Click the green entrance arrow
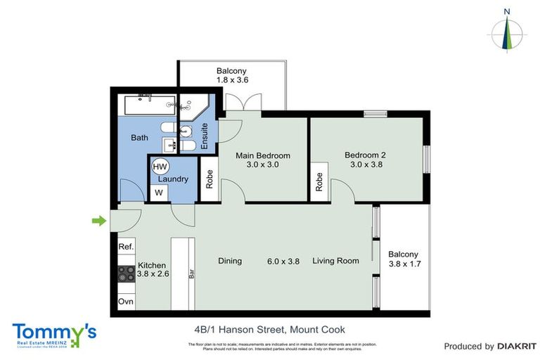(99, 222)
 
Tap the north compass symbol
(507, 31)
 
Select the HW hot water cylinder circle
(160, 167)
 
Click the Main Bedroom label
(263, 155)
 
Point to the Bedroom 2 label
(365, 155)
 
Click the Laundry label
(172, 179)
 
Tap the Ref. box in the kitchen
(126, 247)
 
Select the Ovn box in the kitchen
(126, 302)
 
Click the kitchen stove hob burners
(127, 274)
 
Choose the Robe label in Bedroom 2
(319, 182)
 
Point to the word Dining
(230, 261)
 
